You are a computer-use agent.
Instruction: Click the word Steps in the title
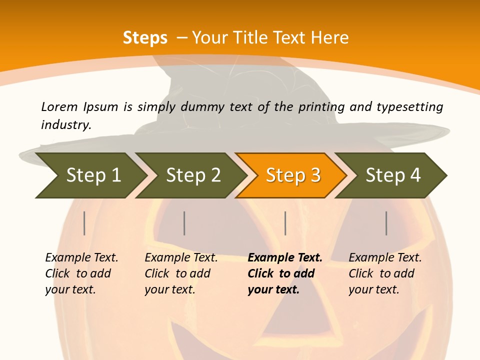[145, 38]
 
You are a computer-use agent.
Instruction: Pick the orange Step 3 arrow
[293, 175]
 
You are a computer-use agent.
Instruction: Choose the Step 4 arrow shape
[393, 175]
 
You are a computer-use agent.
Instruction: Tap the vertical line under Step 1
[84, 223]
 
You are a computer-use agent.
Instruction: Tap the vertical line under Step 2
[184, 223]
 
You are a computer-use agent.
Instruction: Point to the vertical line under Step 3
[285, 223]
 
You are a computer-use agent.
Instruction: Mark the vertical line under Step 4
[386, 223]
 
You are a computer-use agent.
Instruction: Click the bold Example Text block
[284, 273]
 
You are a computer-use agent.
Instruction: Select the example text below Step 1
[81, 273]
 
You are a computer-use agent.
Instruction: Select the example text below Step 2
[181, 273]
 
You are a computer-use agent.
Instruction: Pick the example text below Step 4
[385, 273]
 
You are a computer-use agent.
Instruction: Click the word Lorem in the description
[59, 107]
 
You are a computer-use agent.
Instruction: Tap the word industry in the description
[65, 125]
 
